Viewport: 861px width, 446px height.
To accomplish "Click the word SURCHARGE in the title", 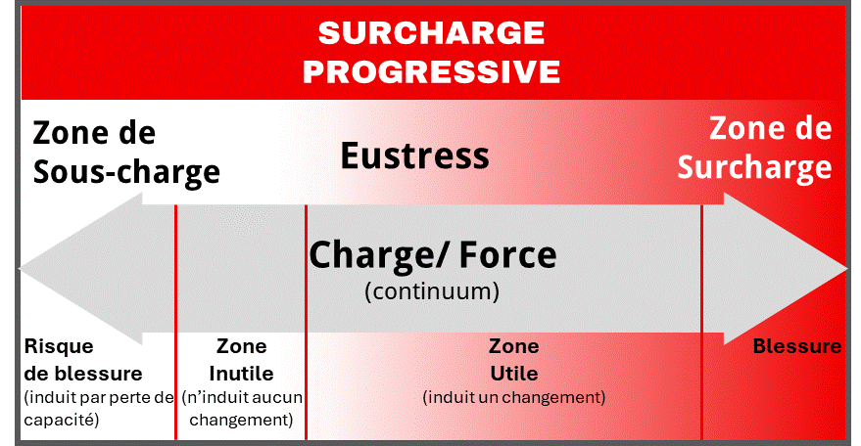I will pos(431,33).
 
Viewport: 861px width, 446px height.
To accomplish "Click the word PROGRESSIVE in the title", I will pos(431,70).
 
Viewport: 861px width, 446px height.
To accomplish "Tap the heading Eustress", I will pos(414,155).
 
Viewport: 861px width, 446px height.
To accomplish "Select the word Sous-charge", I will pos(126,172).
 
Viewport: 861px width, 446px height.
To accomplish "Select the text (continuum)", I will pos(432,291).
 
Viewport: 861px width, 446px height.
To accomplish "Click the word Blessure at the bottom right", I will pos(796,346).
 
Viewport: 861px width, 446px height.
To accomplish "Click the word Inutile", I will pos(241,374).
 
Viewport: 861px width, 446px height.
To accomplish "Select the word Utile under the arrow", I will pos(513,374).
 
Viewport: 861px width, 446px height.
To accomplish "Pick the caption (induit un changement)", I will pos(513,398).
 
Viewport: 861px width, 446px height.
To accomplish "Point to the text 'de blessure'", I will pos(82,374).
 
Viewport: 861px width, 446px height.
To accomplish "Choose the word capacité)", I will pos(61,420).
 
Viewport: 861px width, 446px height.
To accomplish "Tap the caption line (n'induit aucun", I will pos(242,398).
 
